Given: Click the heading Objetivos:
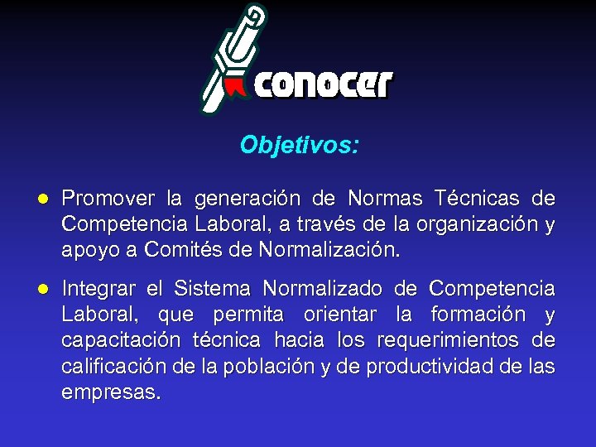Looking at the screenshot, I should [300, 146].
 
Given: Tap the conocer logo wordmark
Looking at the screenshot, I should [324, 85].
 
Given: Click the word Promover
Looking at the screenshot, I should [108, 199].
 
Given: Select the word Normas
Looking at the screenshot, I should [385, 199].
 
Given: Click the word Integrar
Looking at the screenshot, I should [99, 289].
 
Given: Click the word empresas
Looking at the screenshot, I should [111, 392].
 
